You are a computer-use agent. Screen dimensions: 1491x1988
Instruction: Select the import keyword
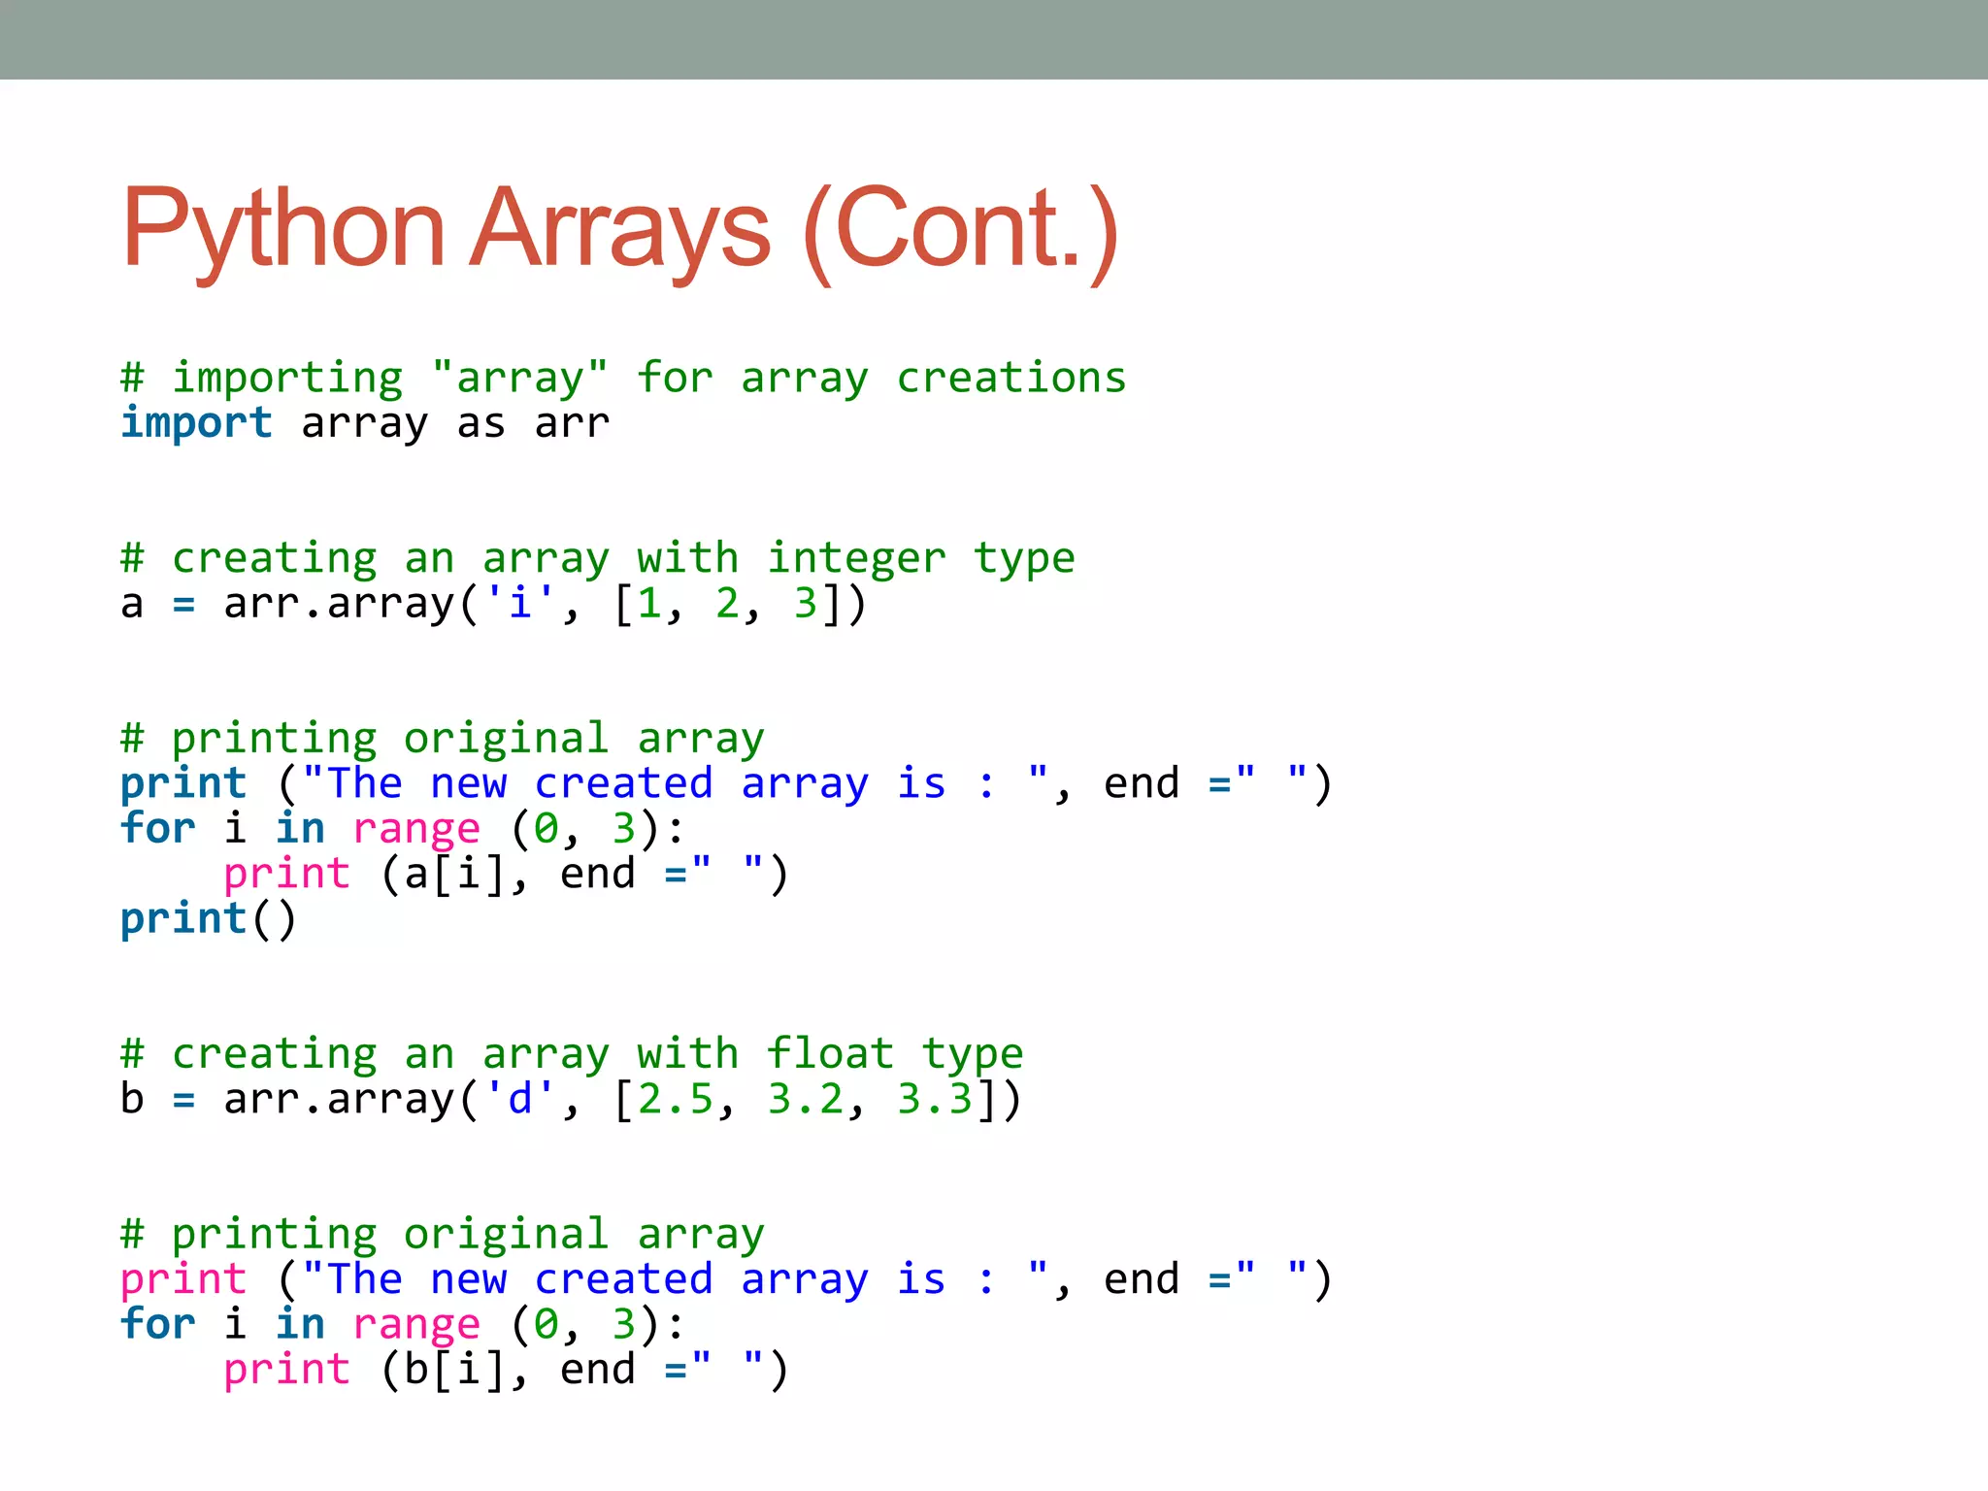pyautogui.click(x=196, y=423)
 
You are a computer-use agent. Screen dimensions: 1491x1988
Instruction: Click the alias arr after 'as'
pyautogui.click(x=572, y=423)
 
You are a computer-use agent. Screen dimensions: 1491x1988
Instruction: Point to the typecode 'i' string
pyautogui.click(x=519, y=604)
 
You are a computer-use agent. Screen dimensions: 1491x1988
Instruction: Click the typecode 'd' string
pyautogui.click(x=519, y=1099)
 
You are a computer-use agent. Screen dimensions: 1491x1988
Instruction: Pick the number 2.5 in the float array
pyautogui.click(x=675, y=1099)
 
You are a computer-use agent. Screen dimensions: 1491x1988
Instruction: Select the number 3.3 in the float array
pyautogui.click(x=934, y=1099)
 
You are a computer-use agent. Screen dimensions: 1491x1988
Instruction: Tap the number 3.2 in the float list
pyautogui.click(x=805, y=1099)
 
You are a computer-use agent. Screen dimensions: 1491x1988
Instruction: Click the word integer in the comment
pyautogui.click(x=856, y=558)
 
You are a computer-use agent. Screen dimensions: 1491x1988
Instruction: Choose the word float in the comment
pyautogui.click(x=830, y=1054)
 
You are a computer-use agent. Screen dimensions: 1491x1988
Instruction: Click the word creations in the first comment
pyautogui.click(x=1011, y=378)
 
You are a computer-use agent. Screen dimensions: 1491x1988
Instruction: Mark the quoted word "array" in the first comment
pyautogui.click(x=519, y=378)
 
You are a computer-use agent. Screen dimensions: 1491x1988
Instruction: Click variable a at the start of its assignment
pyautogui.click(x=132, y=604)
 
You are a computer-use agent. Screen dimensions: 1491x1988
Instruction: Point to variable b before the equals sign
pyautogui.click(x=132, y=1099)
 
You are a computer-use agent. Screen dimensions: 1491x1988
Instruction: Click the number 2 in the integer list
pyautogui.click(x=727, y=604)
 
